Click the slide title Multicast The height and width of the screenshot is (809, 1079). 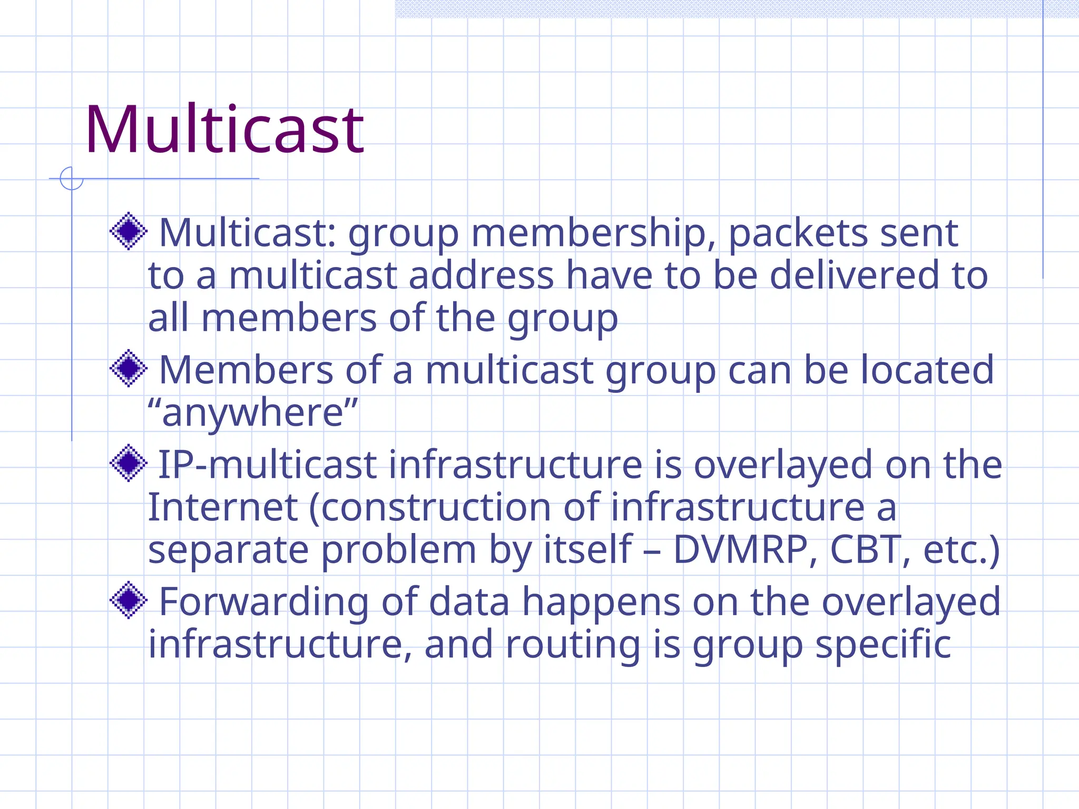pos(224,130)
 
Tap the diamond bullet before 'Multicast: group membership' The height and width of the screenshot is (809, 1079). pos(128,231)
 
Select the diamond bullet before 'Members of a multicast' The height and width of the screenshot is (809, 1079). pos(128,369)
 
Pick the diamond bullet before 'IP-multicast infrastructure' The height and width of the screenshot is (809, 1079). pos(128,463)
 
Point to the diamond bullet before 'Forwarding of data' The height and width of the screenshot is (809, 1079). pos(128,600)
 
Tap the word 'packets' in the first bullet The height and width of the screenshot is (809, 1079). pos(798,233)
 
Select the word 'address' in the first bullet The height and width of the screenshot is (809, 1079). pos(481,275)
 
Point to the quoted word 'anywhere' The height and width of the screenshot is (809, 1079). pos(253,413)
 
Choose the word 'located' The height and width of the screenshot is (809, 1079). pos(927,370)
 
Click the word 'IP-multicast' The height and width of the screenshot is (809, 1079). pos(268,465)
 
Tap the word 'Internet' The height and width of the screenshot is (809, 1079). pos(223,508)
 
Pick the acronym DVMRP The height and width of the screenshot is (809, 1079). pos(741,550)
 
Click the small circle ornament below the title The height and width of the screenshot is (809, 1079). pos(72,179)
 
